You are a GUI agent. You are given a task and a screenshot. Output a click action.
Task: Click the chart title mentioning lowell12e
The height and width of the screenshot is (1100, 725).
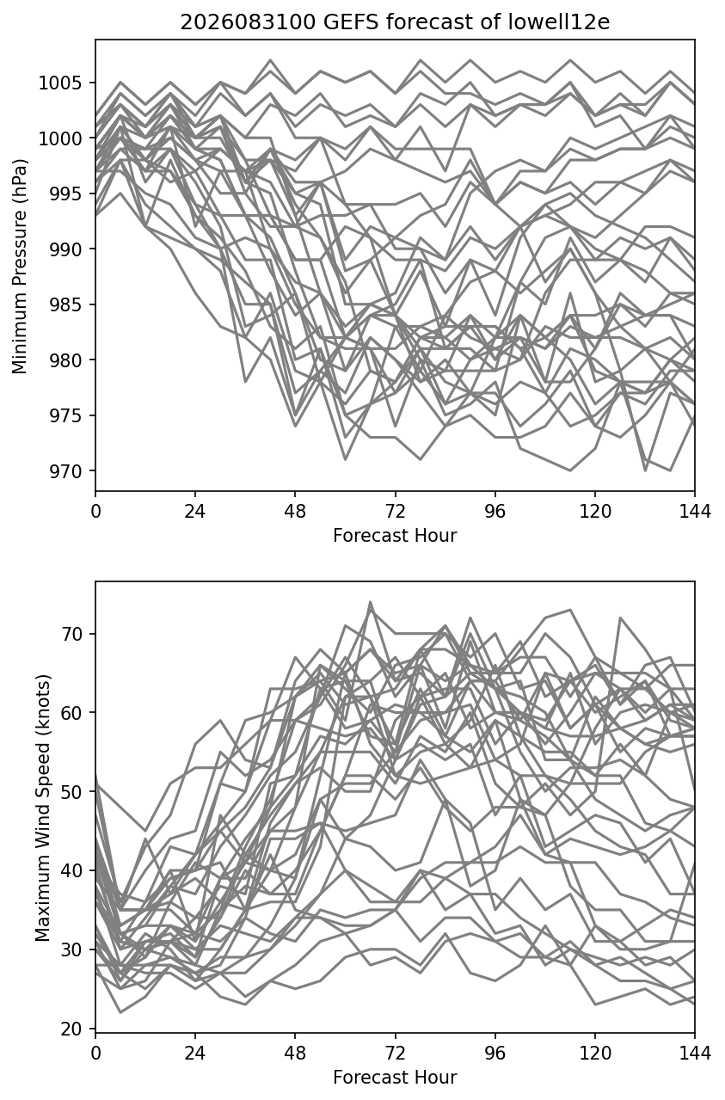pyautogui.click(x=395, y=22)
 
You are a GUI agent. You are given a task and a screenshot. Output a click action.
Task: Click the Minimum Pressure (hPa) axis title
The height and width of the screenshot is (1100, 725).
pyautogui.click(x=20, y=266)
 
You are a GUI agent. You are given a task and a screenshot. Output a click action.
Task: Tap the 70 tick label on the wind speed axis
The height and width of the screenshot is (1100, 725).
pyautogui.click(x=71, y=634)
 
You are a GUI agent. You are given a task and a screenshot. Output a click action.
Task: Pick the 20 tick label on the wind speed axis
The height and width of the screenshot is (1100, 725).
pyautogui.click(x=71, y=1029)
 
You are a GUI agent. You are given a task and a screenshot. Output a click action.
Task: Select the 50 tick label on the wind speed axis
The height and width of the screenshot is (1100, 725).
pyautogui.click(x=71, y=791)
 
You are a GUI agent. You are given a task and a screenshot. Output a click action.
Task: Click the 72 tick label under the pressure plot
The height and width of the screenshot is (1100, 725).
pyautogui.click(x=396, y=512)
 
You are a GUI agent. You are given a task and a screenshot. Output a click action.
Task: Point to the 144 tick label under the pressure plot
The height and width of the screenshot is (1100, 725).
pyautogui.click(x=695, y=512)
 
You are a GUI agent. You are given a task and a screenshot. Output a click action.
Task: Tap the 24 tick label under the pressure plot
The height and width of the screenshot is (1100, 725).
pyautogui.click(x=195, y=512)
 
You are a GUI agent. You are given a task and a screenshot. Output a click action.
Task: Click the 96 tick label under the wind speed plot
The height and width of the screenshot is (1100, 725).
pyautogui.click(x=495, y=1054)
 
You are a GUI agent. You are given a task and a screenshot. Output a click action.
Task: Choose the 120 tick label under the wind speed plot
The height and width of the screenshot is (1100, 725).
pyautogui.click(x=595, y=1054)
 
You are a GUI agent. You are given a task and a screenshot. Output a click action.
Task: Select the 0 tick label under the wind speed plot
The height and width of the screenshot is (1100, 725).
pyautogui.click(x=95, y=1054)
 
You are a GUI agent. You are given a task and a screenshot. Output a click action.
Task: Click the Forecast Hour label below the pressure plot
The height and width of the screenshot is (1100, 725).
pyautogui.click(x=395, y=535)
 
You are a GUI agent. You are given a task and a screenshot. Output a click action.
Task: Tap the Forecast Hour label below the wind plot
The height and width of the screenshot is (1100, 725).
pyautogui.click(x=395, y=1078)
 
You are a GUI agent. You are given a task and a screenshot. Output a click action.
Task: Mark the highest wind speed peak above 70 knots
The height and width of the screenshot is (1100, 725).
pyautogui.click(x=371, y=601)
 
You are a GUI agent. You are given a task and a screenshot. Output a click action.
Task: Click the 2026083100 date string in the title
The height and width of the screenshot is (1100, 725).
pyautogui.click(x=248, y=22)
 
